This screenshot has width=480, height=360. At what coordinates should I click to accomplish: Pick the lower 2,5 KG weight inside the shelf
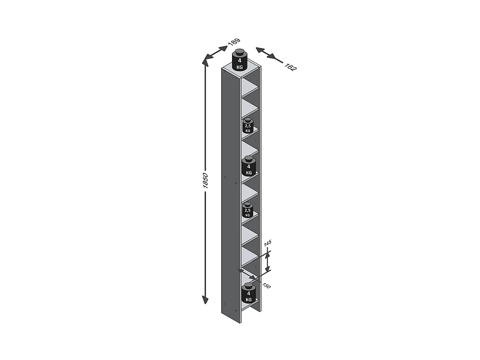tap(247, 210)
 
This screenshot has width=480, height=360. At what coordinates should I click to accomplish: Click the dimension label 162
tap(290, 66)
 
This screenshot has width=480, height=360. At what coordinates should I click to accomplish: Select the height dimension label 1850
tap(206, 180)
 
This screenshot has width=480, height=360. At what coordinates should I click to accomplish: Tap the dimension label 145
tap(268, 243)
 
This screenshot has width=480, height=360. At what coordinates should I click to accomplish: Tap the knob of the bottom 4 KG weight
tap(248, 285)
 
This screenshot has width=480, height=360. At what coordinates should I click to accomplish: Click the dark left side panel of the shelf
tap(230, 192)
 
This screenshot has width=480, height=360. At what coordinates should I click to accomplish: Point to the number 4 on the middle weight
tap(248, 166)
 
